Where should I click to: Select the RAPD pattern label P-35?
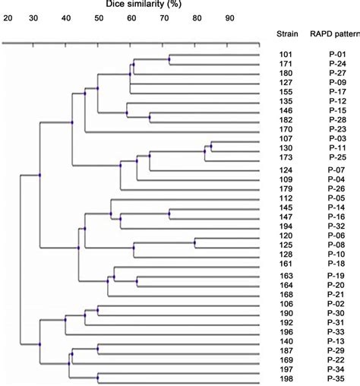pyautogui.click(x=336, y=378)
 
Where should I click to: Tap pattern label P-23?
pyautogui.click(x=336, y=129)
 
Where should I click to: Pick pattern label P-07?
pyautogui.click(x=336, y=169)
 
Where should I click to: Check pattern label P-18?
pyautogui.click(x=336, y=262)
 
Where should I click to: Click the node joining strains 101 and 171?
pyautogui.click(x=169, y=59)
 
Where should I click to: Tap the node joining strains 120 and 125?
pyautogui.click(x=194, y=243)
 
